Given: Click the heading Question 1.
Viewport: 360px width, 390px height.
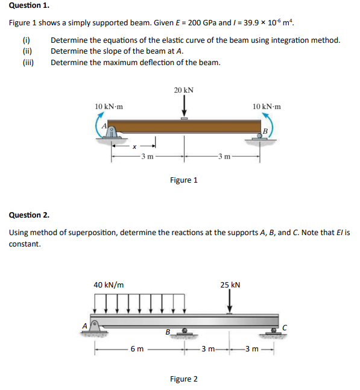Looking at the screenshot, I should (29, 5).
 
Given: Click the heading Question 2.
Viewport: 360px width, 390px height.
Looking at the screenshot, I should (29, 215).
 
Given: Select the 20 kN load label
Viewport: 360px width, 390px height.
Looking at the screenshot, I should (183, 90).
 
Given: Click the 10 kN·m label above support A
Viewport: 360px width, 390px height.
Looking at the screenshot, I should (109, 106).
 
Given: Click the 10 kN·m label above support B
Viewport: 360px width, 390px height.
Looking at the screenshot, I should (267, 106).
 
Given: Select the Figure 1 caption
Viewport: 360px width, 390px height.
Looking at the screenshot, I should (183, 180).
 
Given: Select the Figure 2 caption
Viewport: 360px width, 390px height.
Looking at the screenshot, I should (183, 379).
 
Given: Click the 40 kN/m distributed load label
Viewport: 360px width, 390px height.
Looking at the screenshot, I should (109, 284).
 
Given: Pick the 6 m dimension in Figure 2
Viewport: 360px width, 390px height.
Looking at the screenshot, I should (137, 349).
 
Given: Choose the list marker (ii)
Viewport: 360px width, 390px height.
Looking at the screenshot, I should (27, 51).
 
